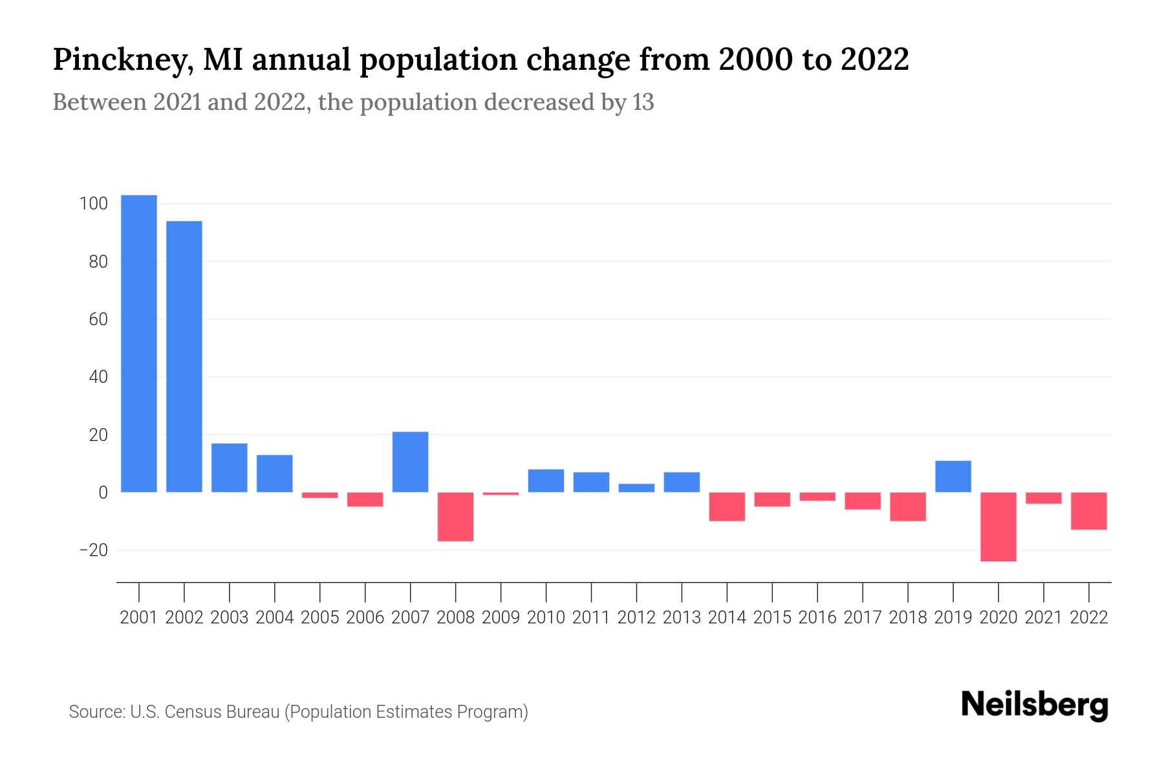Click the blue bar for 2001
click(x=139, y=343)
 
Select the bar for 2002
click(x=184, y=356)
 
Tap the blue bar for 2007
click(x=411, y=462)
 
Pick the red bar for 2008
click(x=456, y=516)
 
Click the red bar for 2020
click(x=998, y=526)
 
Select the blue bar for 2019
click(x=953, y=477)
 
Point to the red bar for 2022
click(x=1089, y=511)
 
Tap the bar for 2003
click(x=230, y=468)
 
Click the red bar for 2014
click(x=727, y=506)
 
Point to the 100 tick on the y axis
click(x=93, y=204)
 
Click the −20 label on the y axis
click(x=93, y=550)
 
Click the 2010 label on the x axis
click(x=546, y=618)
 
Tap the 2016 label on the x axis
click(x=817, y=618)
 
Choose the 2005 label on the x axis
click(x=320, y=618)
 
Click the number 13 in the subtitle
click(x=643, y=102)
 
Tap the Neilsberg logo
click(x=1035, y=705)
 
